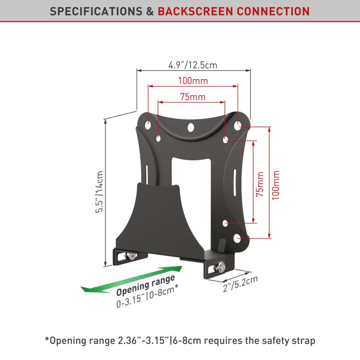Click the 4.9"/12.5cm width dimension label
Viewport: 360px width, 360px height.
click(192, 64)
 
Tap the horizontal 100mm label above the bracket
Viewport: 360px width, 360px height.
click(192, 80)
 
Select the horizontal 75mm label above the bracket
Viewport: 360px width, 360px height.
click(192, 97)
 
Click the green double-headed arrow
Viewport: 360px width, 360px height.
click(131, 282)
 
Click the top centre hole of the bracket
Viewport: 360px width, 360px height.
click(191, 127)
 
